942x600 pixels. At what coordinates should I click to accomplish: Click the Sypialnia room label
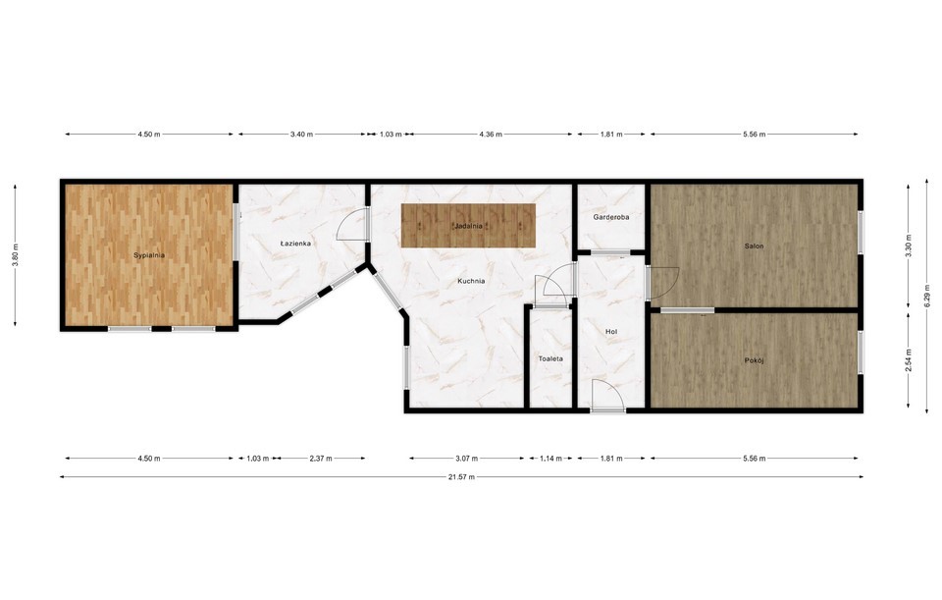[x=149, y=255]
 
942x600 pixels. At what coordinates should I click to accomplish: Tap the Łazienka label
[x=295, y=244]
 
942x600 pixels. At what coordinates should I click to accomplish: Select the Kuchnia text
[x=471, y=281]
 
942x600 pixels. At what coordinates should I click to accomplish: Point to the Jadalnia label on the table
[x=469, y=226]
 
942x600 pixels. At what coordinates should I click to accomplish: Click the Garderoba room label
[x=611, y=217]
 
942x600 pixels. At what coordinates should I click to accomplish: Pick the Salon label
[x=754, y=245]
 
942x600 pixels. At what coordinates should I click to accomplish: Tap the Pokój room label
[x=754, y=360]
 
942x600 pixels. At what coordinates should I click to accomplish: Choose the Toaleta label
[x=550, y=358]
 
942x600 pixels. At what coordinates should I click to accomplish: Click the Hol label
[x=611, y=332]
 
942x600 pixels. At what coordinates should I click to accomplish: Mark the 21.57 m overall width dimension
[x=462, y=476]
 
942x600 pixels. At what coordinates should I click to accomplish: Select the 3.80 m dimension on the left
[x=15, y=255]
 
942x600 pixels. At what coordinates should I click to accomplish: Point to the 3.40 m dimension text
[x=301, y=135]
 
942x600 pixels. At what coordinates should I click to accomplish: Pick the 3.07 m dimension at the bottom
[x=467, y=459]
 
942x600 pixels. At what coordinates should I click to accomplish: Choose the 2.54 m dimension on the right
[x=909, y=360]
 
